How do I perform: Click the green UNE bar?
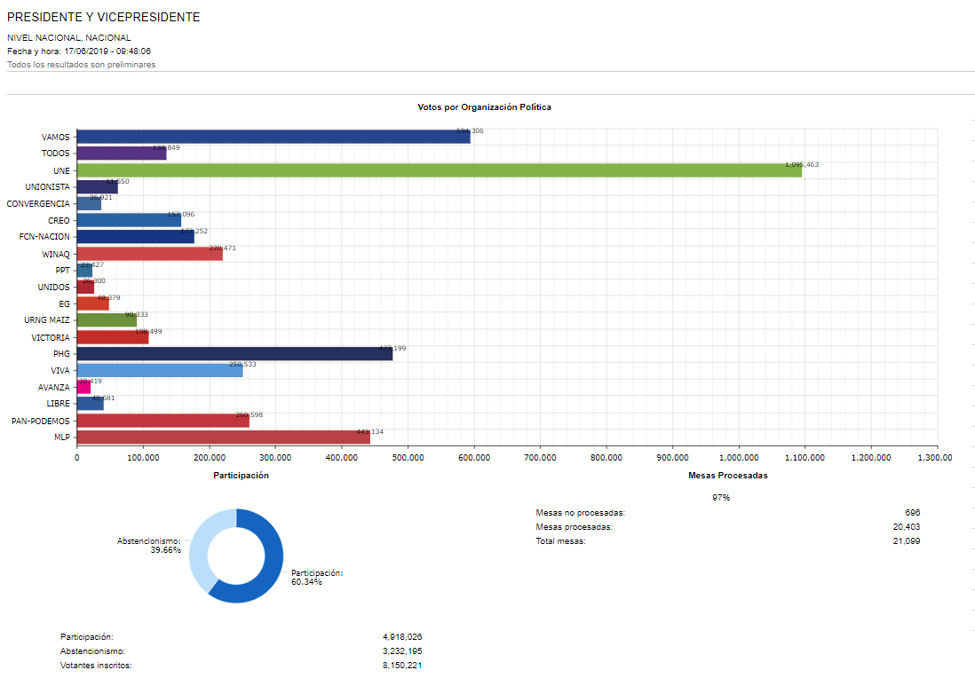[x=440, y=170]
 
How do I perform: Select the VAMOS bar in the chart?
[x=273, y=137]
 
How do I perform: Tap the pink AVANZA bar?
[x=83, y=387]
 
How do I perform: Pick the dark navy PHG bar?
[x=234, y=353]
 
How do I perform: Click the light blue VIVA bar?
[x=160, y=370]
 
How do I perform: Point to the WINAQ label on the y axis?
[x=56, y=254]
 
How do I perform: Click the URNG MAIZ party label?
[x=47, y=320]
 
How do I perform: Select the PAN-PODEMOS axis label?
[x=41, y=421]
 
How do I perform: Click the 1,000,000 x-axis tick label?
[x=738, y=458]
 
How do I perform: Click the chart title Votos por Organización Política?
[x=484, y=107]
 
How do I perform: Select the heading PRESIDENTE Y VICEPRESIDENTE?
[x=104, y=18]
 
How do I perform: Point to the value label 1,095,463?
[x=802, y=164]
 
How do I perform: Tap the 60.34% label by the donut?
[x=306, y=582]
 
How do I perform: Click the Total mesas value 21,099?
[x=905, y=541]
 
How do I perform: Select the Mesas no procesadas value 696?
[x=912, y=513]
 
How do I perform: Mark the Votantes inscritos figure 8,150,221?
[x=408, y=666]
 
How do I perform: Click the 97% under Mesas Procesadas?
[x=721, y=498]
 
